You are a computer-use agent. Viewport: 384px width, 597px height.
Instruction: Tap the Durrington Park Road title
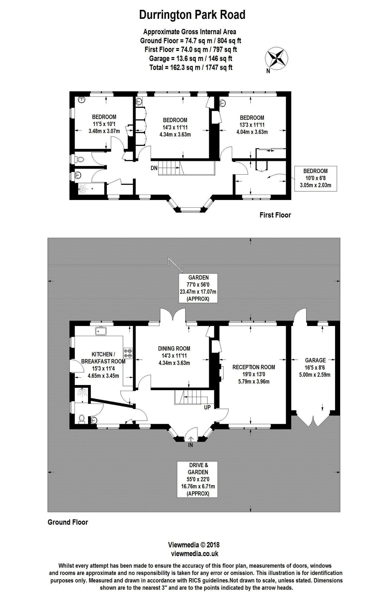(192, 15)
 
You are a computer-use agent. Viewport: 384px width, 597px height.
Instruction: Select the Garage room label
(315, 367)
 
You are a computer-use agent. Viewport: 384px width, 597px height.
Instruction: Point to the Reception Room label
(254, 374)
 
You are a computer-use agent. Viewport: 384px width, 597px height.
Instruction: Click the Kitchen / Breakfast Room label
(103, 365)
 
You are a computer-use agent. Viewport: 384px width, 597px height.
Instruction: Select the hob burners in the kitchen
(128, 353)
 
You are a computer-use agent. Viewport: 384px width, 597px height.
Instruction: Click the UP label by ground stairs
(207, 407)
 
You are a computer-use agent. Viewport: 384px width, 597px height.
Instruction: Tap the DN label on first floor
(154, 168)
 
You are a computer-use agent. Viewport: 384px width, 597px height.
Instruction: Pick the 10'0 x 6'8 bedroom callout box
(315, 179)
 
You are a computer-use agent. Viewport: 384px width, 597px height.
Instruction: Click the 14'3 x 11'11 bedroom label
(175, 127)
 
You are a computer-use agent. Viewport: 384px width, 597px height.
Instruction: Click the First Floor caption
(275, 215)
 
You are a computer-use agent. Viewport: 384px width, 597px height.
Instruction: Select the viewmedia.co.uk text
(195, 554)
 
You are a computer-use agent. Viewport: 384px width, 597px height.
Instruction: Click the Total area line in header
(191, 67)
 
